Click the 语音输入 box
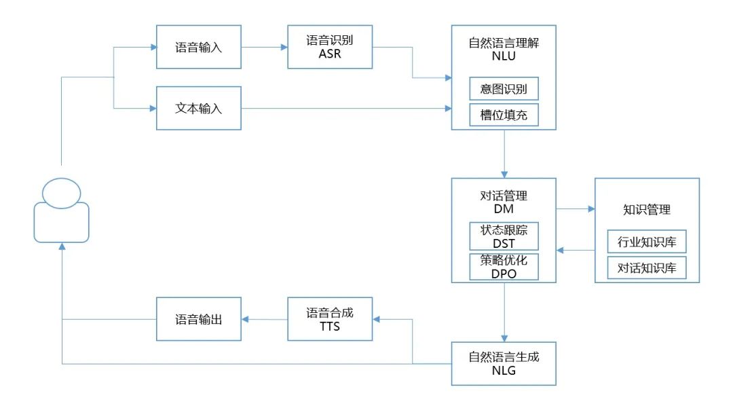pyautogui.click(x=199, y=47)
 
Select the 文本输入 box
pyautogui.click(x=199, y=108)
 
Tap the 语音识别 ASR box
pyautogui.click(x=330, y=47)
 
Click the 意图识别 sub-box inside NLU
pyautogui.click(x=504, y=89)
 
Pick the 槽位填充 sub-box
pyautogui.click(x=504, y=115)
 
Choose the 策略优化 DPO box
pyautogui.click(x=504, y=266)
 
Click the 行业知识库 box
pyautogui.click(x=647, y=241)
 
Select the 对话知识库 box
pyautogui.click(x=647, y=268)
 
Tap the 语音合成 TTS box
pyautogui.click(x=330, y=319)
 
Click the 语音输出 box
pyautogui.click(x=199, y=319)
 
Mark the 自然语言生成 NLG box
pyautogui.click(x=504, y=363)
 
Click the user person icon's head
pyautogui.click(x=61, y=192)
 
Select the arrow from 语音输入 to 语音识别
pyautogui.click(x=264, y=47)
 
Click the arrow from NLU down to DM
pyautogui.click(x=504, y=153)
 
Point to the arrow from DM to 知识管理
pyautogui.click(x=575, y=209)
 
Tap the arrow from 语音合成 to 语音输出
pyautogui.click(x=264, y=319)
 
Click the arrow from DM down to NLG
pyautogui.click(x=504, y=312)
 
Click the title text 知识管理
pyautogui.click(x=647, y=209)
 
